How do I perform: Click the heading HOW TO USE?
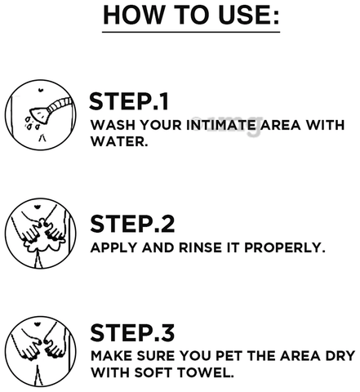click(x=191, y=15)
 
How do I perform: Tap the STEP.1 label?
click(x=129, y=101)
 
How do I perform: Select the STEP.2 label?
click(x=132, y=224)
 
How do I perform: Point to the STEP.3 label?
click(x=132, y=332)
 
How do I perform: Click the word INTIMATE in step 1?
click(x=221, y=125)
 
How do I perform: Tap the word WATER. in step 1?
click(x=119, y=141)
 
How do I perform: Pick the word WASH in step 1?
click(x=113, y=125)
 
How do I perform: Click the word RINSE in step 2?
click(x=200, y=247)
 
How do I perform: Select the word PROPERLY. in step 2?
click(x=285, y=247)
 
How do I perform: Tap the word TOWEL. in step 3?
click(x=206, y=372)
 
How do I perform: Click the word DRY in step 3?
click(x=340, y=356)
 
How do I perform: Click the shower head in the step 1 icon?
click(x=39, y=115)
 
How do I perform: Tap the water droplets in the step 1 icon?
click(x=32, y=123)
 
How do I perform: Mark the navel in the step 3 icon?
click(x=37, y=324)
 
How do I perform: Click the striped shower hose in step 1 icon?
click(x=60, y=105)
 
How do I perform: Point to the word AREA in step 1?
click(x=281, y=125)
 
